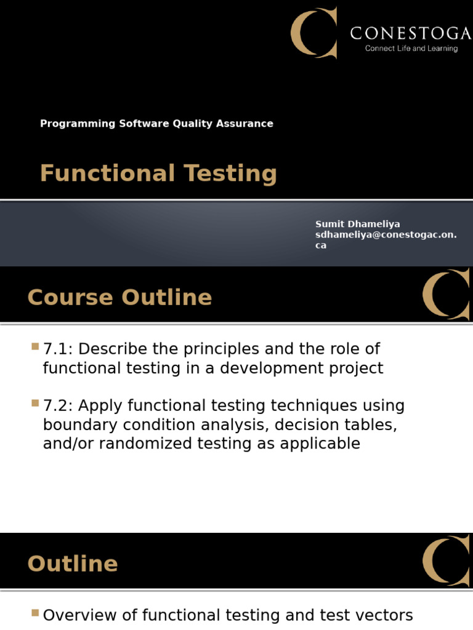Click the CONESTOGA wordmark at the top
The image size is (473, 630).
tap(406, 33)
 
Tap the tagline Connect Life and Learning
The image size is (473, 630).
tap(411, 49)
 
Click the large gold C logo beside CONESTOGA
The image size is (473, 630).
tap(314, 33)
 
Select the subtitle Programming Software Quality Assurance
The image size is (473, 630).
tap(156, 124)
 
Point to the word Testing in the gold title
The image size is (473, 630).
tap(229, 173)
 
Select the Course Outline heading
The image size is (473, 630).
tap(119, 298)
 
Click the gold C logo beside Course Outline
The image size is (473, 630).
tap(446, 294)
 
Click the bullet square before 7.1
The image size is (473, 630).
tap(34, 347)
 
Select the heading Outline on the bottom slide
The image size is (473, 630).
tap(73, 564)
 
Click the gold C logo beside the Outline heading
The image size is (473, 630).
tap(446, 560)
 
